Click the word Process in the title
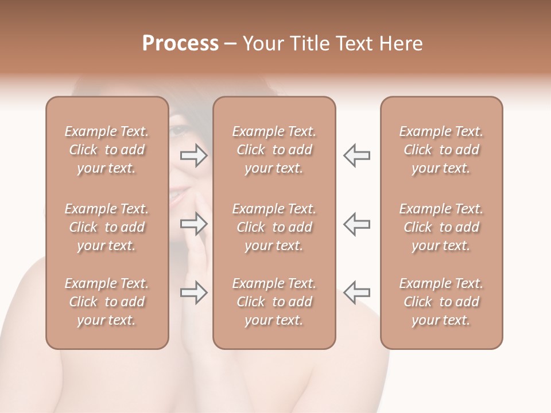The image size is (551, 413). pos(180,44)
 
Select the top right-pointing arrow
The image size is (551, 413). pos(194,155)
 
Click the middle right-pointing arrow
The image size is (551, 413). pos(194,223)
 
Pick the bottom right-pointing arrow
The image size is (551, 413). pos(194,293)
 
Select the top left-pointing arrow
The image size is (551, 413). pos(356,155)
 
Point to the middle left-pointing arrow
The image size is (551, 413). pos(356,223)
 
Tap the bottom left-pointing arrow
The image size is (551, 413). pos(356,293)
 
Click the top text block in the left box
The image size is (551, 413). pos(107,150)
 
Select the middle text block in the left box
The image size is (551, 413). pos(107,227)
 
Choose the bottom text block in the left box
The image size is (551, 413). pos(107,302)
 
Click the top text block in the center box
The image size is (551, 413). pos(274,150)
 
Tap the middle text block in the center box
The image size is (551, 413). pos(274,227)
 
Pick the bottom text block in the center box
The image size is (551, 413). pos(274,302)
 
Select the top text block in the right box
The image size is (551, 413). pos(441,150)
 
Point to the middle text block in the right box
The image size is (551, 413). pos(441,227)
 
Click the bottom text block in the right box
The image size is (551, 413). pos(441,302)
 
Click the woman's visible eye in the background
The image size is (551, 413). pos(179,131)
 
